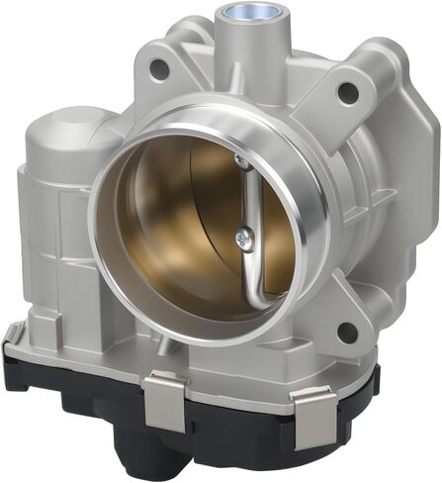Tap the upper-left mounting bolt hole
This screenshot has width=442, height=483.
pos(156,68)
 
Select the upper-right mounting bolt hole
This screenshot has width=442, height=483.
pos(347,92)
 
